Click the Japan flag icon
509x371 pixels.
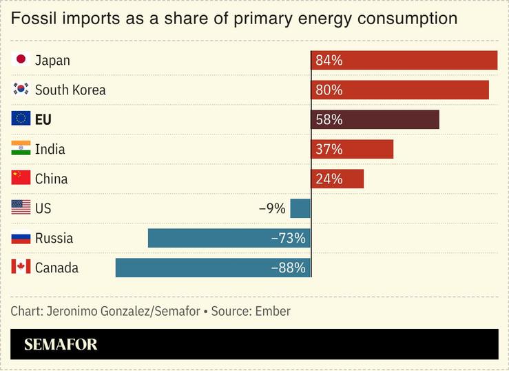[x=21, y=60]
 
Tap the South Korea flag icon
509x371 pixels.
[x=21, y=90]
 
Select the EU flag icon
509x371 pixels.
[x=21, y=119]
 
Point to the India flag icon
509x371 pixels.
[x=21, y=149]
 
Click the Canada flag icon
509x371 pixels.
[x=21, y=268]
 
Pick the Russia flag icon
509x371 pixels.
[x=21, y=238]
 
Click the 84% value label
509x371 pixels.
[x=329, y=60]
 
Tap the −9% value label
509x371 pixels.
[x=272, y=208]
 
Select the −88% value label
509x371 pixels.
[x=289, y=268]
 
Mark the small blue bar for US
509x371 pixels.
[x=300, y=208]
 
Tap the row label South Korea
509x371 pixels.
[x=70, y=90]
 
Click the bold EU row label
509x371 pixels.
[x=43, y=119]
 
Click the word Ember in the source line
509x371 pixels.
[x=273, y=311]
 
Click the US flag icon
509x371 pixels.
[x=21, y=208]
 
